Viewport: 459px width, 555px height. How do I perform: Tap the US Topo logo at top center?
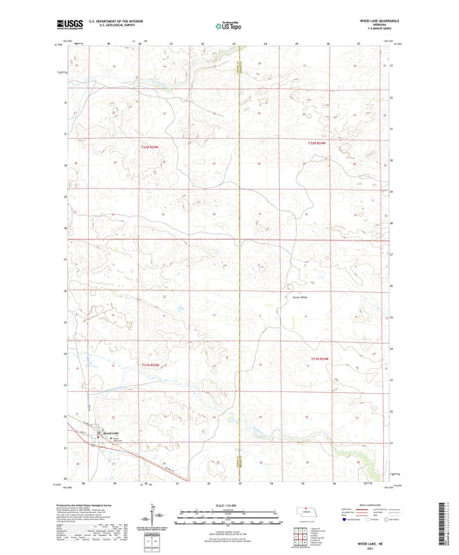[228, 26]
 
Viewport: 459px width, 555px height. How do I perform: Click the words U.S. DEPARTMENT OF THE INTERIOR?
[109, 19]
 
